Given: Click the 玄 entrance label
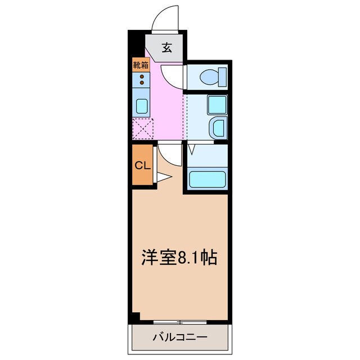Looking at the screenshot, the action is pos(167,48).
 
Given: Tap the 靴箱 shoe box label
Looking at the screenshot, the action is pos(141,65).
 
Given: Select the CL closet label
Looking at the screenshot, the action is pos(142,165).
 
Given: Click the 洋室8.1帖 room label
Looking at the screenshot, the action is pos(179,257).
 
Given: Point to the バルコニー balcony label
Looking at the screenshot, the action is pos(180,337).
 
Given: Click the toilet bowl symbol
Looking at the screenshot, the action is pos(209,77).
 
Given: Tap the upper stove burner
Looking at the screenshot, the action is pos(142,76).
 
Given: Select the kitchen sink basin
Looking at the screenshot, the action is pos(142,106).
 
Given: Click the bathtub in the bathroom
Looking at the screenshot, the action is pos(208,179).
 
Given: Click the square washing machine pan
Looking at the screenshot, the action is pos(217,105).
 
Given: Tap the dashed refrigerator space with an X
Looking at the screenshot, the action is pos(143,129).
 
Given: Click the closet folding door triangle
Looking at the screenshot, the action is pos(164,177).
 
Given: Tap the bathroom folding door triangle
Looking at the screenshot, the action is pos(191,148).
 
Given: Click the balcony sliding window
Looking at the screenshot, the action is pos(180,322).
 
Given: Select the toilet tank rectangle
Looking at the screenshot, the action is pos(223,77).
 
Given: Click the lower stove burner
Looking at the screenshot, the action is pos(142,83).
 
